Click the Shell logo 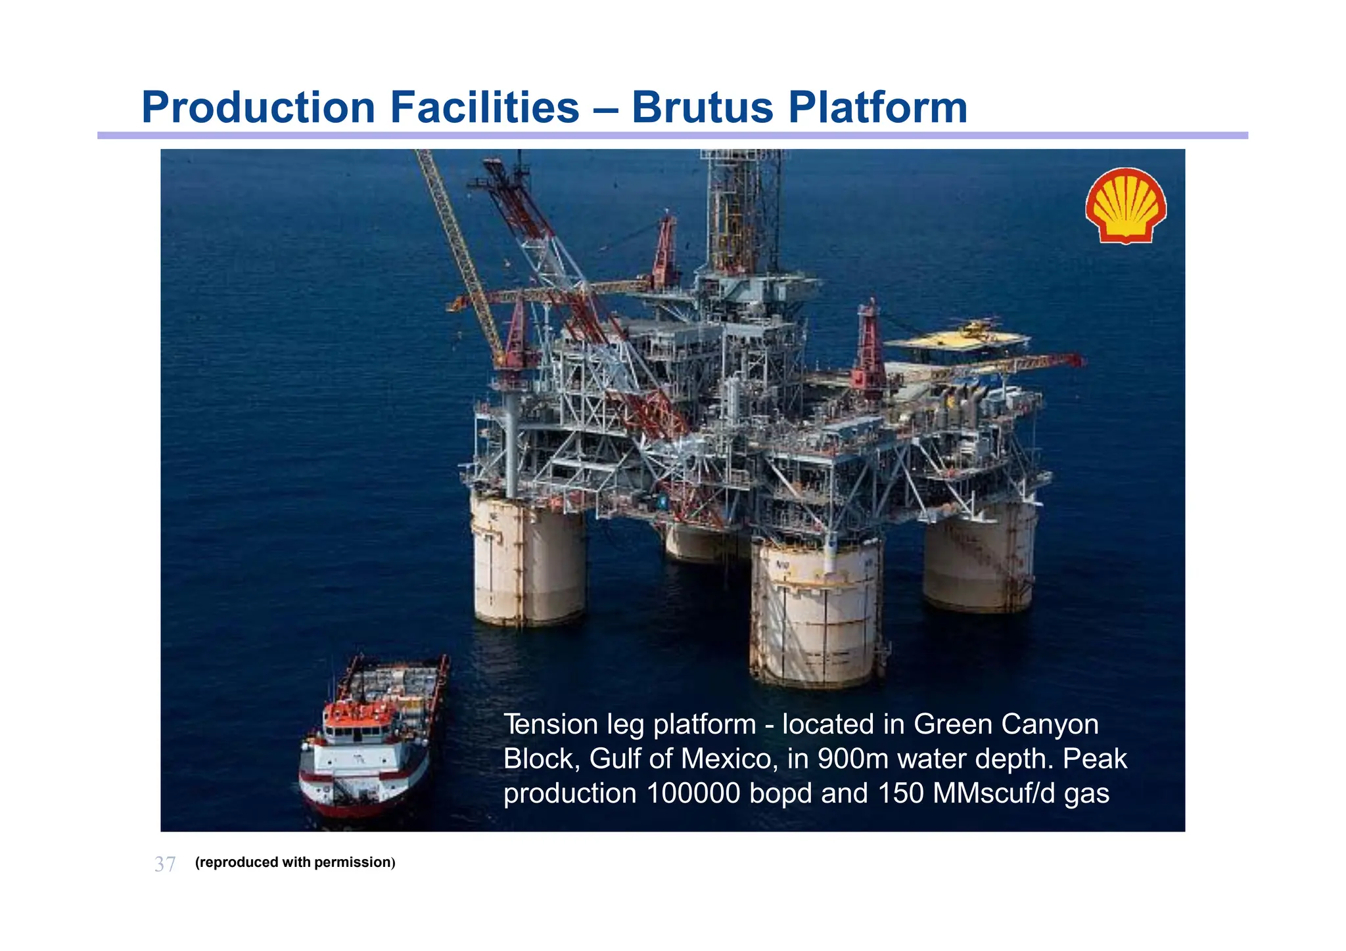click(x=1126, y=206)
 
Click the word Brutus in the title click(x=703, y=107)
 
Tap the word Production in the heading click(x=258, y=107)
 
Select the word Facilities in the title click(x=484, y=107)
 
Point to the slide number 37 click(x=165, y=864)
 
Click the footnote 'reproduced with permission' click(x=295, y=862)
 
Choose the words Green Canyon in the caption click(x=1006, y=725)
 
